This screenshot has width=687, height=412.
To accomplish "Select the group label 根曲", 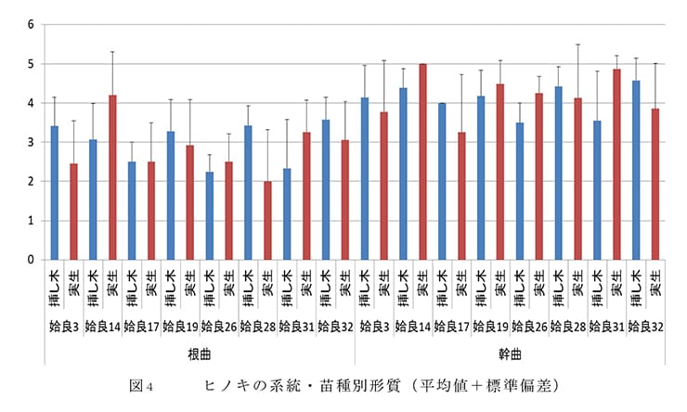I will (x=200, y=354).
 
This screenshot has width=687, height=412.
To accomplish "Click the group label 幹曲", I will (x=509, y=354).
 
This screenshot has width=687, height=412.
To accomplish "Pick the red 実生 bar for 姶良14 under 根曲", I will (x=112, y=177).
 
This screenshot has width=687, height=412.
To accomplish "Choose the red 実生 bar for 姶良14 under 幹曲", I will (x=422, y=162).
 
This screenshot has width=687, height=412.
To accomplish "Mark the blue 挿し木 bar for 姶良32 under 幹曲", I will (x=636, y=171).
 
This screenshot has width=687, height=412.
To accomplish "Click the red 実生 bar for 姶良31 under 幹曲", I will (x=616, y=165).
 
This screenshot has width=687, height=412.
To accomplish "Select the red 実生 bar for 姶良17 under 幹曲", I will (x=461, y=196).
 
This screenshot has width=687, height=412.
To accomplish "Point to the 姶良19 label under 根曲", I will (x=180, y=327).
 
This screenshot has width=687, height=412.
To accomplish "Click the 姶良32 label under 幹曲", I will (x=645, y=327).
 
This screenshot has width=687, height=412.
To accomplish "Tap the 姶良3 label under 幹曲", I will (x=373, y=327).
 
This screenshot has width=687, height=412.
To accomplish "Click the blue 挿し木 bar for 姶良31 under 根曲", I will (x=288, y=214).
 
